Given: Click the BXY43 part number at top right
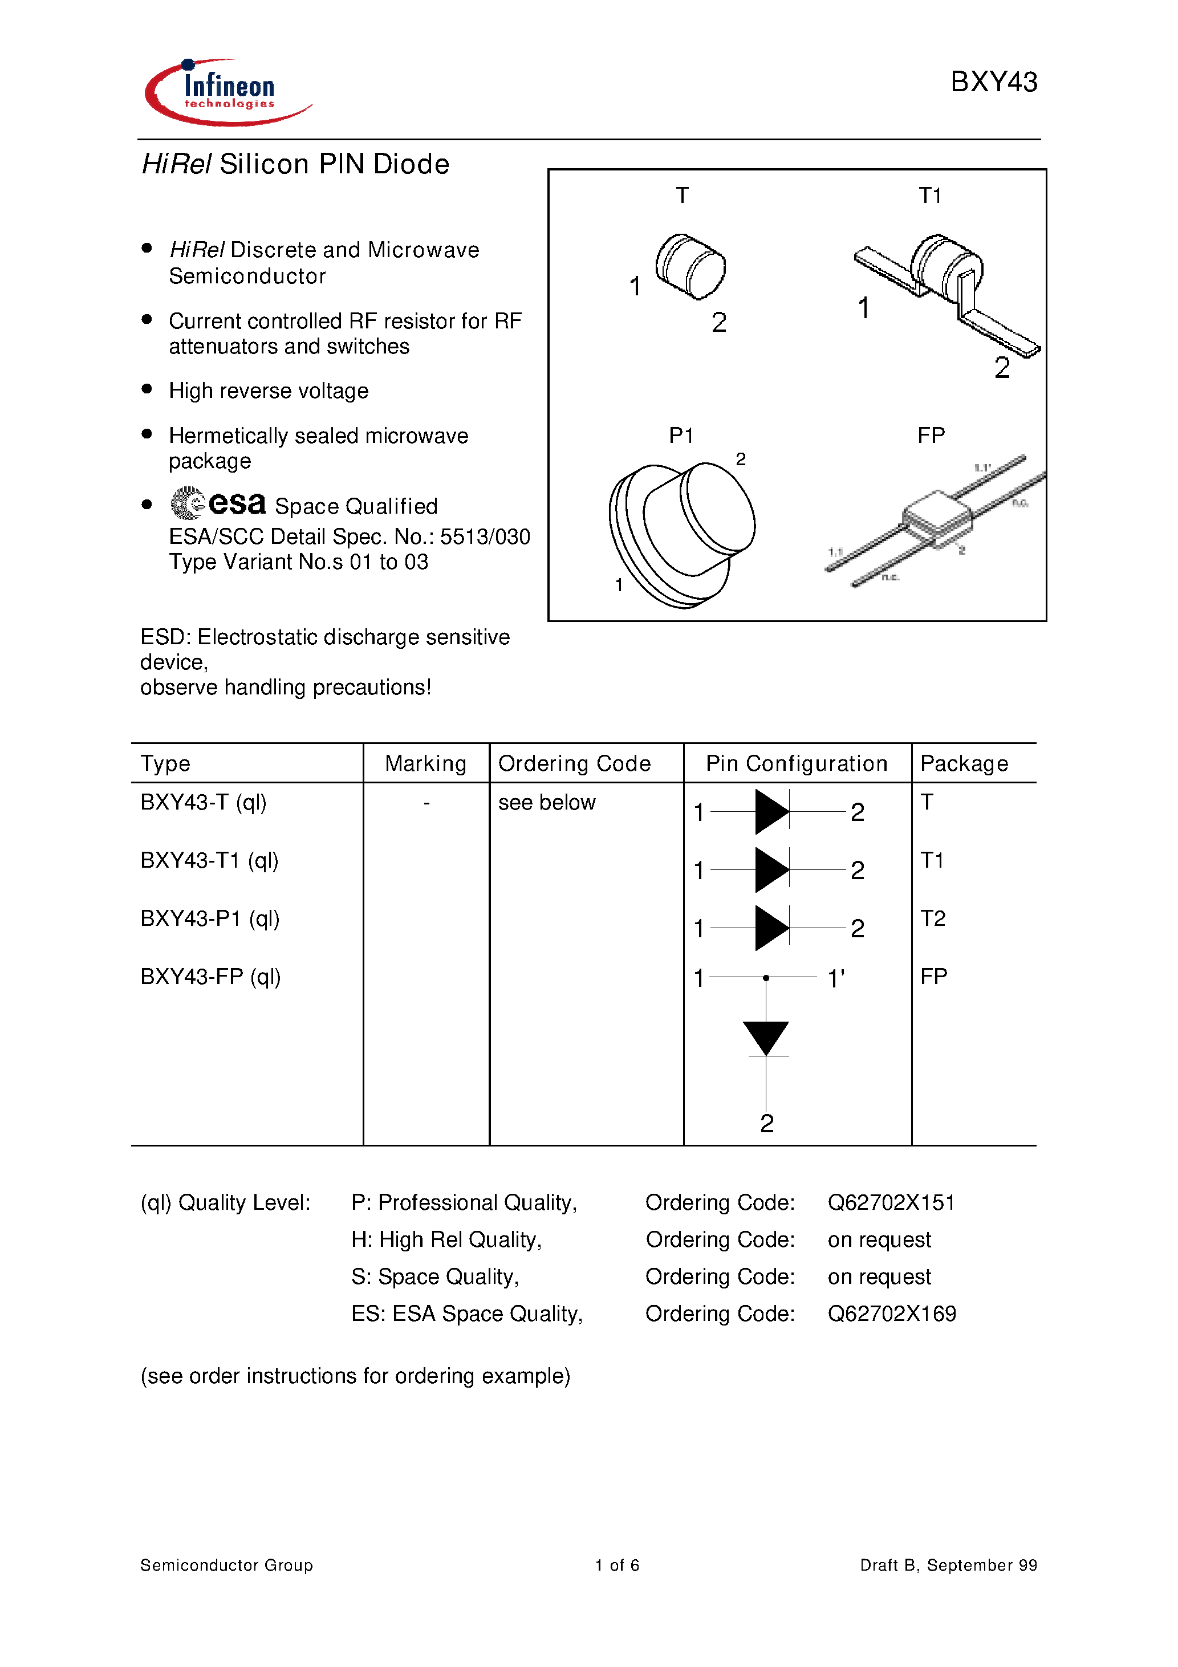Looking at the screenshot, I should pos(993,82).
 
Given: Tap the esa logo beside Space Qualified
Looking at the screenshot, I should pos(218,503).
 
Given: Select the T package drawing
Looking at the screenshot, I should pos(690,266).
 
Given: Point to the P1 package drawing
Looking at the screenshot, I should pos(681,534).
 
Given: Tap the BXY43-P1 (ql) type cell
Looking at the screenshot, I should pos(210,918).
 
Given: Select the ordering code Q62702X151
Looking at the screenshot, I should pos(891,1203).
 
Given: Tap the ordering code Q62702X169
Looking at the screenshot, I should pos(891,1314).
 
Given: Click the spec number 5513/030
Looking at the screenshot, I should pos(485,536).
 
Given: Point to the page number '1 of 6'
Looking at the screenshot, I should pos(616,1566).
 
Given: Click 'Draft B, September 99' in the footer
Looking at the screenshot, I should pos(948,1566).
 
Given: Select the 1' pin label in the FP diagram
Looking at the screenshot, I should pos(836,979).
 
